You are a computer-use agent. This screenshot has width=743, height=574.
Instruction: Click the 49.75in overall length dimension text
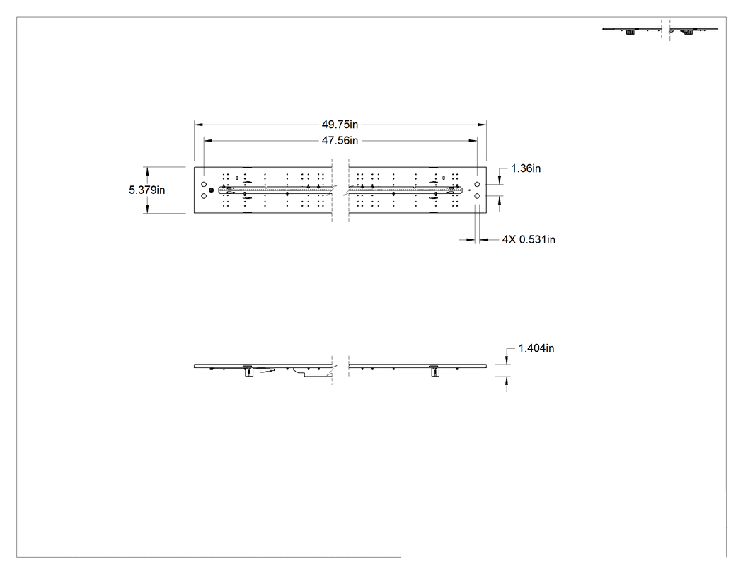pos(340,125)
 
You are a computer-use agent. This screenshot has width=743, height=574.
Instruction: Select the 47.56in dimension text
pos(340,141)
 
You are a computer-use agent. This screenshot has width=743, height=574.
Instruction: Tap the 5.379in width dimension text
pos(147,190)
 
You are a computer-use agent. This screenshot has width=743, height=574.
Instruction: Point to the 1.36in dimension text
pos(526,168)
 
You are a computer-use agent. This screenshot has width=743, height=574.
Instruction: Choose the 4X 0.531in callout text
pos(529,240)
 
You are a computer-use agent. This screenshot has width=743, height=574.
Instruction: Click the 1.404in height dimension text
pos(536,348)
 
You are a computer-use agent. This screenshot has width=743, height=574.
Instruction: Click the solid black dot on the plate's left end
pos(212,190)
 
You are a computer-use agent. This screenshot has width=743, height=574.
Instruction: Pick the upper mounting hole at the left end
pos(204,184)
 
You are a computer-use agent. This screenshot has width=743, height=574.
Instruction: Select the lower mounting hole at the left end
pos(204,196)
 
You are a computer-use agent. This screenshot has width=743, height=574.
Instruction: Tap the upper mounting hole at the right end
pos(477,184)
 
